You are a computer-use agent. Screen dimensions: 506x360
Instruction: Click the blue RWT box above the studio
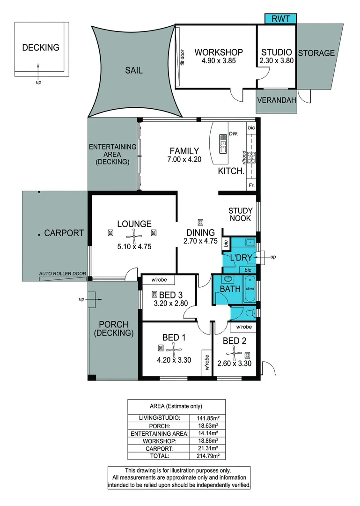tap(280, 19)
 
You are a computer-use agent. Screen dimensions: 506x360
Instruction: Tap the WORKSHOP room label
tap(219, 52)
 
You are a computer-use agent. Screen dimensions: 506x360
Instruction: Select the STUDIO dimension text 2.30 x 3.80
tap(277, 61)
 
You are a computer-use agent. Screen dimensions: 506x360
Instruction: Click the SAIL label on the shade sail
tap(133, 71)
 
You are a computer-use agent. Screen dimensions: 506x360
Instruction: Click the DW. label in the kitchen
tap(234, 134)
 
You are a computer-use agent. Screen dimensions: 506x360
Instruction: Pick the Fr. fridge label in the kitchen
tap(251, 186)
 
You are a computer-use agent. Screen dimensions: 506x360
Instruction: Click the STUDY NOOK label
tap(240, 215)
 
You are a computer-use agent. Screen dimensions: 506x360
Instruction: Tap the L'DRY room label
tap(241, 257)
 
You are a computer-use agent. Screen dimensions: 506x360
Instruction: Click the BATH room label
tap(230, 289)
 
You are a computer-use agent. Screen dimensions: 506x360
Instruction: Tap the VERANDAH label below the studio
tap(276, 100)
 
